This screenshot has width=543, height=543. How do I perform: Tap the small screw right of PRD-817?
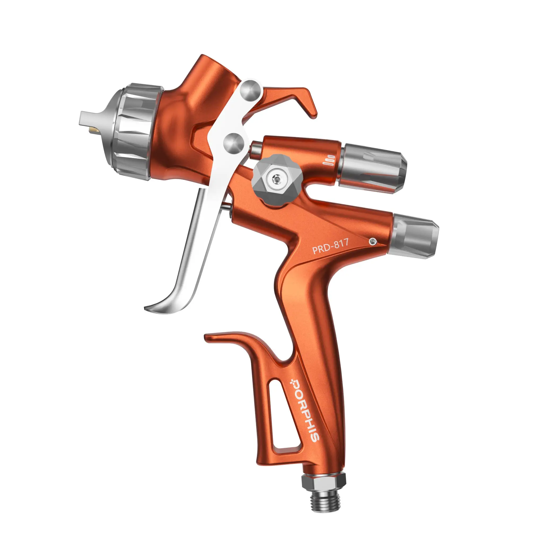tap(373, 241)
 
